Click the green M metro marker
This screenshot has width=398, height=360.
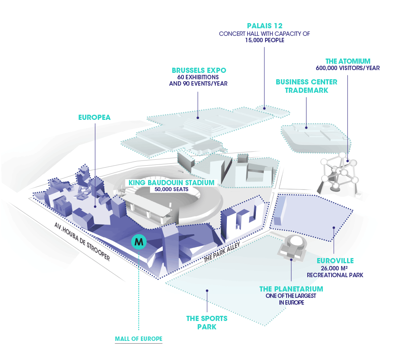tap(139, 241)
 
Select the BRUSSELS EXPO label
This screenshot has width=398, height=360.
tap(199, 70)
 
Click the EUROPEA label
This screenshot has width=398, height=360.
tap(94, 117)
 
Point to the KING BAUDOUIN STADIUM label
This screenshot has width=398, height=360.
tap(171, 183)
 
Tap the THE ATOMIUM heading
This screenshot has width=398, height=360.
tap(347, 61)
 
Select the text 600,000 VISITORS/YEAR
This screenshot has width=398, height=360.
tap(347, 68)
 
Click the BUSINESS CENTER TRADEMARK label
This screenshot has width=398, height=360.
tap(306, 86)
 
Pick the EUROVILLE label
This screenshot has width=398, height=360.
tap(335, 261)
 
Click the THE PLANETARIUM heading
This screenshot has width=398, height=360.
tap(291, 289)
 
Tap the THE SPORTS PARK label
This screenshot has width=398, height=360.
tap(207, 323)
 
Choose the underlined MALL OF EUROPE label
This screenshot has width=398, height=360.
tap(139, 339)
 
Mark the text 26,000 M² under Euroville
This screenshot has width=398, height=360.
tap(335, 268)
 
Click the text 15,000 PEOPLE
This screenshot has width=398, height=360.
tap(264, 40)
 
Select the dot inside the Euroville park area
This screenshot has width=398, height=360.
tap(334, 228)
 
